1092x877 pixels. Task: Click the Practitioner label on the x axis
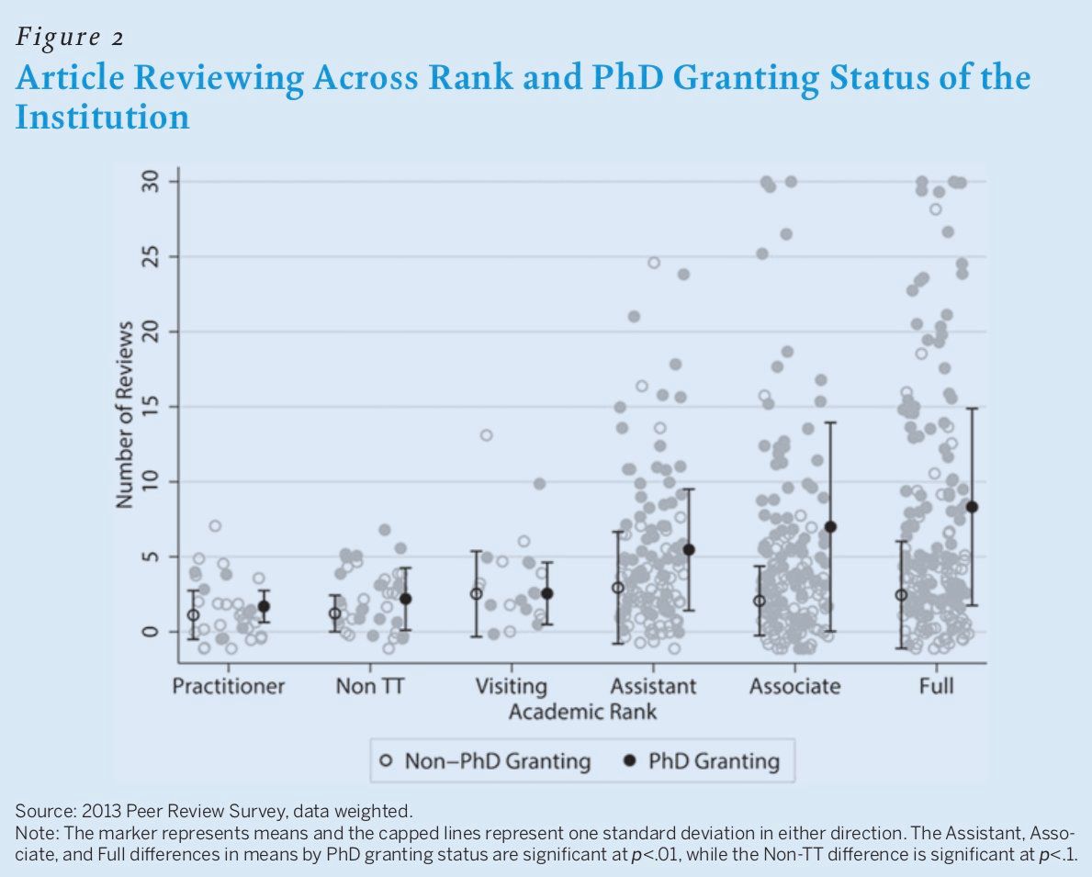pos(229,686)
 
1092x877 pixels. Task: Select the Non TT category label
pos(369,686)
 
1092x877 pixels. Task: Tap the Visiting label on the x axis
pos(511,686)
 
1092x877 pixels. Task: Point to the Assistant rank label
pos(653,686)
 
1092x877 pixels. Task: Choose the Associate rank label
pos(794,686)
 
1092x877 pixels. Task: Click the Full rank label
pos(936,686)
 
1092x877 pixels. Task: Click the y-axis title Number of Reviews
pos(125,414)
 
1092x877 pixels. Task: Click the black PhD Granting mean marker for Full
pos(972,507)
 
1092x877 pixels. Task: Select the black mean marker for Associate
pos(830,527)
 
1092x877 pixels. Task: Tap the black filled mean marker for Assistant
pos(689,549)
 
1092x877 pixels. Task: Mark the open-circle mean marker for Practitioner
pos(193,615)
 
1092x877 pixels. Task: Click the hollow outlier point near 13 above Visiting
pos(486,435)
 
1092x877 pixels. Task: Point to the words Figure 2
pos(70,38)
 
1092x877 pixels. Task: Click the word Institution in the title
pos(103,118)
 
